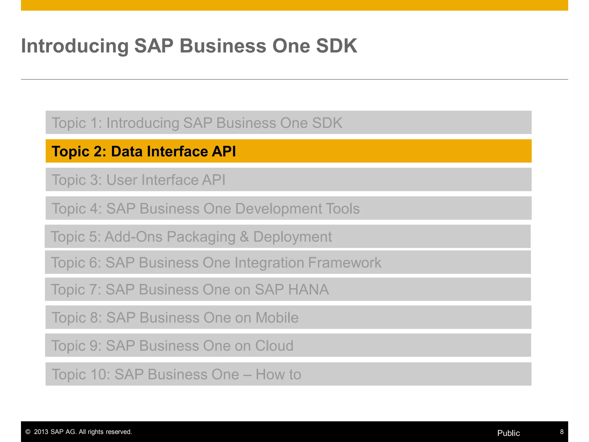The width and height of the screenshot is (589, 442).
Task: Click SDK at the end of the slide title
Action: (x=336, y=46)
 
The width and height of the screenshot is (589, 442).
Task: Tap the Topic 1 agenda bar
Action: (x=288, y=123)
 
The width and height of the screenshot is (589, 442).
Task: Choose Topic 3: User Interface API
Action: (x=138, y=180)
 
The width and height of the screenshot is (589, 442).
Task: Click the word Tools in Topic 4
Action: (x=342, y=208)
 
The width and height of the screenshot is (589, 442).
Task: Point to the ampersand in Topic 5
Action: (x=244, y=237)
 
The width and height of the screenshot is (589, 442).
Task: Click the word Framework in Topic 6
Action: (x=345, y=262)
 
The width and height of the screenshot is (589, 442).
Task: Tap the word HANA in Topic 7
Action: (x=308, y=289)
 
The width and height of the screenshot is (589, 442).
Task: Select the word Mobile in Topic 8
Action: (x=277, y=318)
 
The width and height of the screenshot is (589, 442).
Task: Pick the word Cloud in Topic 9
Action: (x=274, y=346)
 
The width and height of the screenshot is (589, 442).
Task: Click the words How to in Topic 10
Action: (x=278, y=374)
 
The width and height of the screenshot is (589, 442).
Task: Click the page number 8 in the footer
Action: (x=562, y=432)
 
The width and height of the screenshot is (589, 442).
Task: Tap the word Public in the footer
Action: (x=508, y=433)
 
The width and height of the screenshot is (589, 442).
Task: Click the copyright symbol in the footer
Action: (x=28, y=432)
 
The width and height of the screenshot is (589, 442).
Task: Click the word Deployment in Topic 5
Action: (x=292, y=237)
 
